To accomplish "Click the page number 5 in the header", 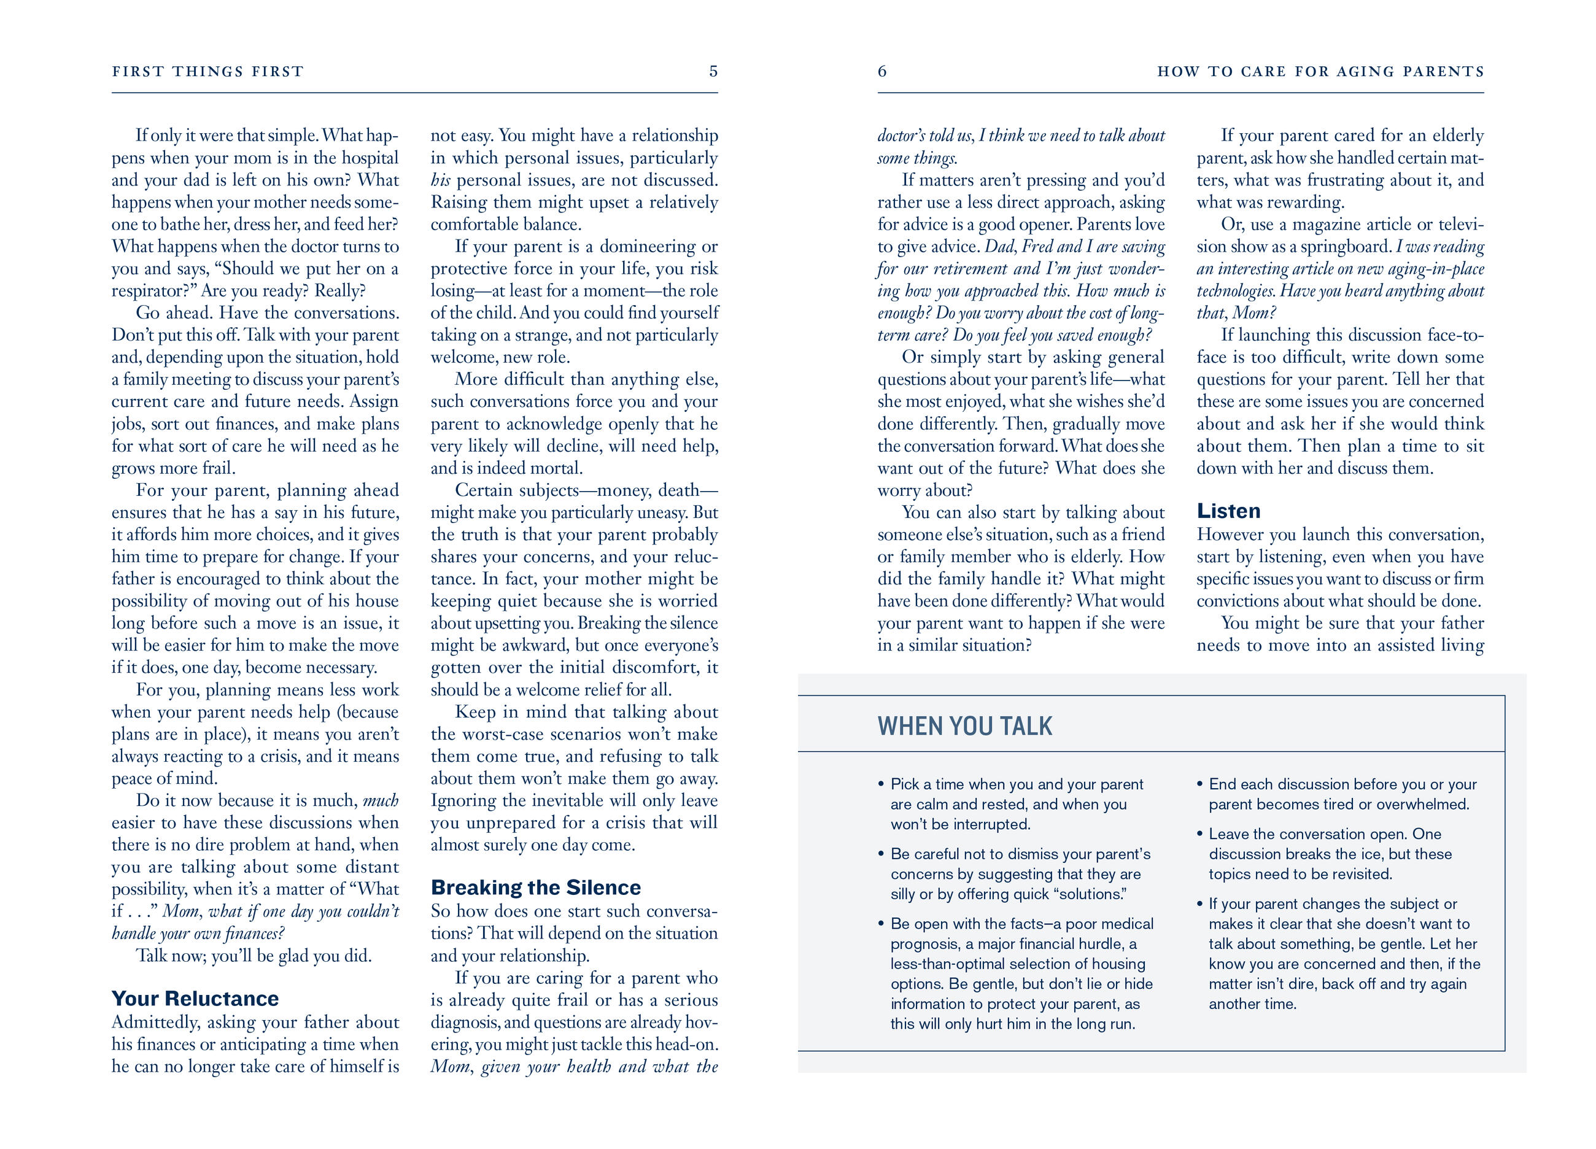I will (713, 71).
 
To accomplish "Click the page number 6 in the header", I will (881, 71).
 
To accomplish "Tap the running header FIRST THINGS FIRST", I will (207, 72).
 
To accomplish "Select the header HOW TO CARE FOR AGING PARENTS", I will (1321, 72).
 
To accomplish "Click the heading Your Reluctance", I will (195, 999).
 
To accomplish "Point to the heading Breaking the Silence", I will (535, 888).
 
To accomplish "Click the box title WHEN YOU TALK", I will (965, 726).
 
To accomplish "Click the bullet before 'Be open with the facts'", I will (880, 924).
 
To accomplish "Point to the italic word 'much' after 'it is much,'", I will (380, 801).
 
